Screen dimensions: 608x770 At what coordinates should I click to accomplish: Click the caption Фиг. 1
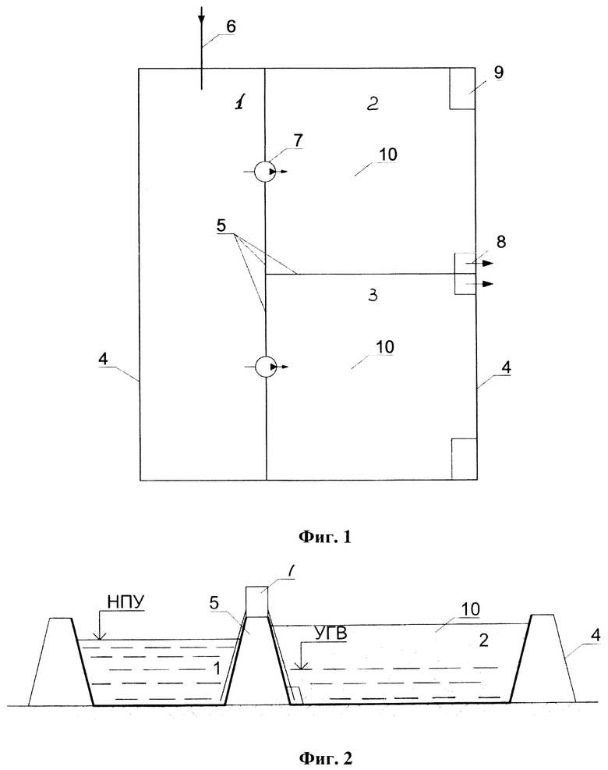point(325,537)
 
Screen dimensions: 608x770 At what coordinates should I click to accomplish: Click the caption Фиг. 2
point(325,758)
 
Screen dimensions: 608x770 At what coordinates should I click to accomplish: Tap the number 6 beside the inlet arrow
point(231,27)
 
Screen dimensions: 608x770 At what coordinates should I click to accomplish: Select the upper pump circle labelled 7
point(265,172)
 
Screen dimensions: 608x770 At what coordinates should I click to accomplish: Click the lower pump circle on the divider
point(266,367)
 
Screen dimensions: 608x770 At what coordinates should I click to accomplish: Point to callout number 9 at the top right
point(498,73)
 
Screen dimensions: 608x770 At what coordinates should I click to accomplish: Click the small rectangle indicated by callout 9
point(462,88)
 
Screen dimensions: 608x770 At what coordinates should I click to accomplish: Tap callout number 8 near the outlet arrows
point(501,242)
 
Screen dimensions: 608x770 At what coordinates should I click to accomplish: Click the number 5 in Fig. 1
point(221,225)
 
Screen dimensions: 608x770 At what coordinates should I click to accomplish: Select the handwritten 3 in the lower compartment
point(373,295)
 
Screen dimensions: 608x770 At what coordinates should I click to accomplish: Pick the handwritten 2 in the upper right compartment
point(373,103)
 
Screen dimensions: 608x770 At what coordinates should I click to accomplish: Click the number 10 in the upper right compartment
point(388,154)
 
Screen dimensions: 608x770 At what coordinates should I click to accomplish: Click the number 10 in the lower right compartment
point(385,346)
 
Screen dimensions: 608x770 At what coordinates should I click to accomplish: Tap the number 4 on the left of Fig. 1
point(103,359)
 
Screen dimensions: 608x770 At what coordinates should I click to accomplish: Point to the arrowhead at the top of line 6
point(201,19)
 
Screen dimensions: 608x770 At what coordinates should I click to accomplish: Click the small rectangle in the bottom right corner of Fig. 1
point(465,459)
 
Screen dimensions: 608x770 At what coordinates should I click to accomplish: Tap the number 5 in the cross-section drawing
point(214,602)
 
